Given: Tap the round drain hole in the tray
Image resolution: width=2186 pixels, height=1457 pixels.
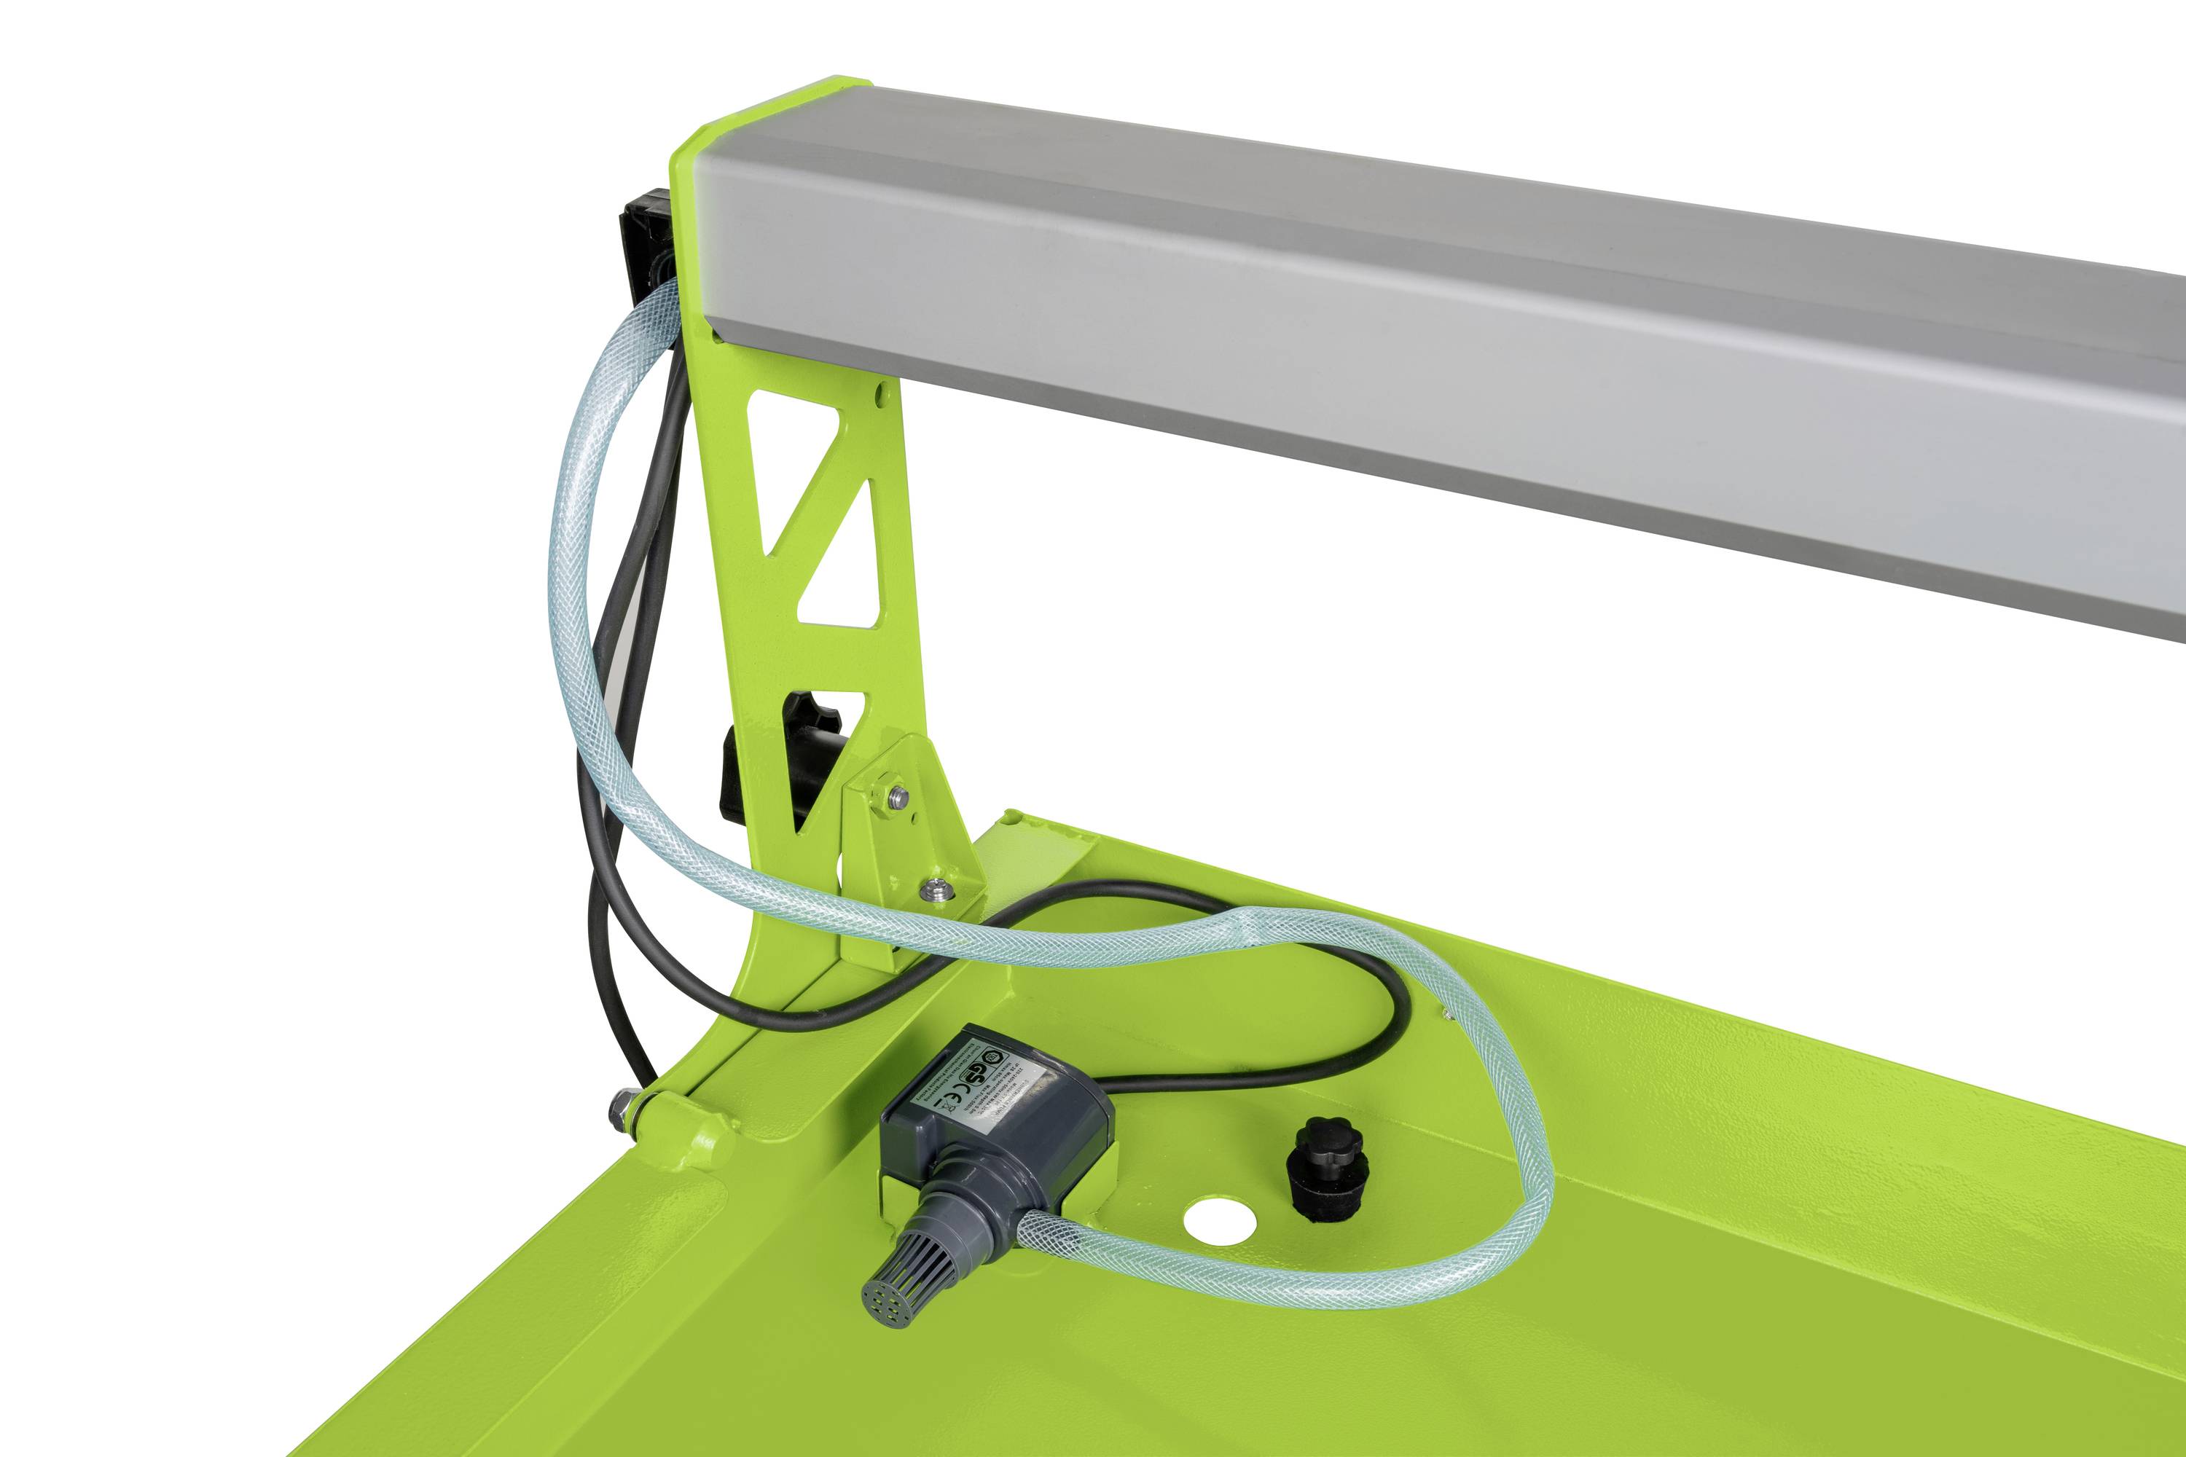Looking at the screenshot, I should pos(1219,1225).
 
